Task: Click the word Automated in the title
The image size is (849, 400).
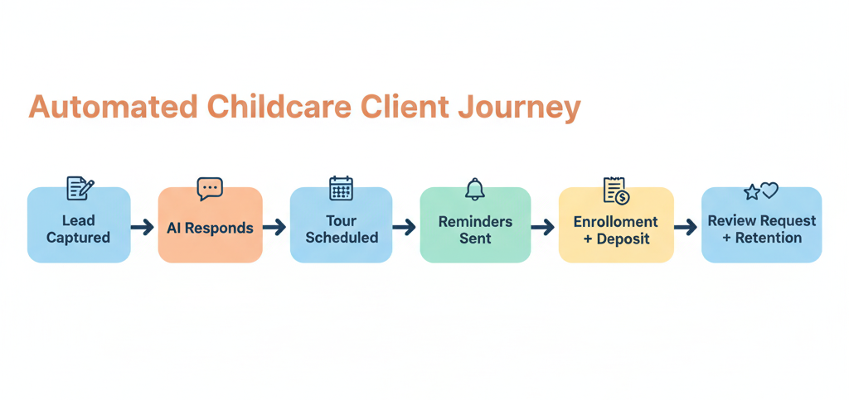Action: tap(113, 108)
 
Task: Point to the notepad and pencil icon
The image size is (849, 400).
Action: tap(80, 188)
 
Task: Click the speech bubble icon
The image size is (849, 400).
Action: tap(210, 189)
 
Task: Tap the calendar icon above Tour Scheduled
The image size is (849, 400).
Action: tap(341, 188)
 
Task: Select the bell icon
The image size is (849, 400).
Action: tap(474, 189)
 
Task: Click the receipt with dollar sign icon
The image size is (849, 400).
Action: tap(615, 190)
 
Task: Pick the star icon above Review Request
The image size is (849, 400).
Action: tap(752, 192)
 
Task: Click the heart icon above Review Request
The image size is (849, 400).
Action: tap(770, 190)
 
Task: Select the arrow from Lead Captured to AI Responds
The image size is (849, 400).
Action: tap(143, 227)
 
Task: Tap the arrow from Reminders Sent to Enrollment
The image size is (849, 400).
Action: tap(543, 227)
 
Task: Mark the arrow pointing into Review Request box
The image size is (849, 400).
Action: tap(686, 227)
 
